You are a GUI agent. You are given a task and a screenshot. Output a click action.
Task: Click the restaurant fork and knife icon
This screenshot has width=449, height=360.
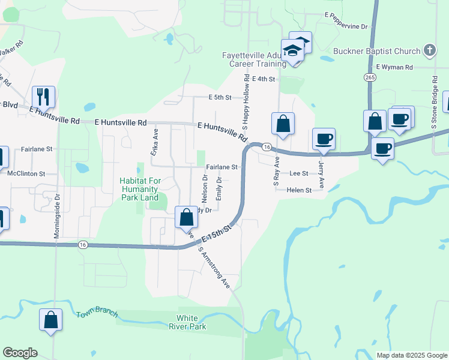click(x=43, y=96)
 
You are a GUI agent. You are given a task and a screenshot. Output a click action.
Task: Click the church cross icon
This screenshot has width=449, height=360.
click(x=430, y=50)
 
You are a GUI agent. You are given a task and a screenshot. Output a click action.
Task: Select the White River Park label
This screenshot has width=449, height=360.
click(x=191, y=322)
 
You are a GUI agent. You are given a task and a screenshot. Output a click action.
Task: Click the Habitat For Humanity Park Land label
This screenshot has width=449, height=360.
click(x=139, y=188)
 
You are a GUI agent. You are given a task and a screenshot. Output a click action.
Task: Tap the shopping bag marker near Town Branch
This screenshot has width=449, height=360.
click(x=50, y=319)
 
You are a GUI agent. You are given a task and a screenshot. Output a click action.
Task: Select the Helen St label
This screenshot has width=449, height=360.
click(x=300, y=190)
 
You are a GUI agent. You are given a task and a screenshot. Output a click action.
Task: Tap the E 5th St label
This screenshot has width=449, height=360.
click(x=220, y=97)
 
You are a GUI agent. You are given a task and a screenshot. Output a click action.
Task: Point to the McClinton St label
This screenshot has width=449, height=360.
click(x=25, y=173)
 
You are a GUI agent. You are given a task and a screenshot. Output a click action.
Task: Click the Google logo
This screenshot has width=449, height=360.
click(x=20, y=353)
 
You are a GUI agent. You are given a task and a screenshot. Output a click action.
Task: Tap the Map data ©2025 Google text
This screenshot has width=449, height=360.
click(x=411, y=355)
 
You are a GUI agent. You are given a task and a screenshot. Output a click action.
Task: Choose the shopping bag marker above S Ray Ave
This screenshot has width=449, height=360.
click(x=283, y=124)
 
